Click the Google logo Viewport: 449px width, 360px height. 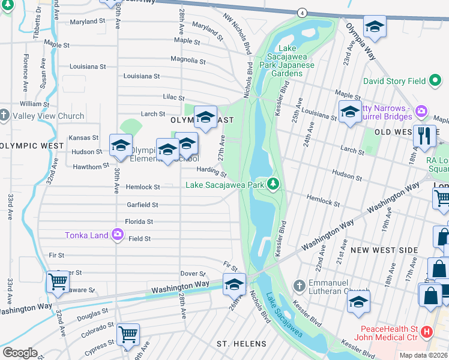click(20, 352)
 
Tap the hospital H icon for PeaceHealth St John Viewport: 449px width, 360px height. click(427, 331)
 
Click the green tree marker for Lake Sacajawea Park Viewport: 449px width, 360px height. click(274, 183)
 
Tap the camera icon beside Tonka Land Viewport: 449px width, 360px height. click(117, 234)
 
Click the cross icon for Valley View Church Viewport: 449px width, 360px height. click(5, 116)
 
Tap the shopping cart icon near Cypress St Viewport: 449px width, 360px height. click(128, 334)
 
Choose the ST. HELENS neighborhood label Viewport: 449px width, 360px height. click(241, 343)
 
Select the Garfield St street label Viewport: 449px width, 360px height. click(142, 205)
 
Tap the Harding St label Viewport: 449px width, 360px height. click(211, 172)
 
